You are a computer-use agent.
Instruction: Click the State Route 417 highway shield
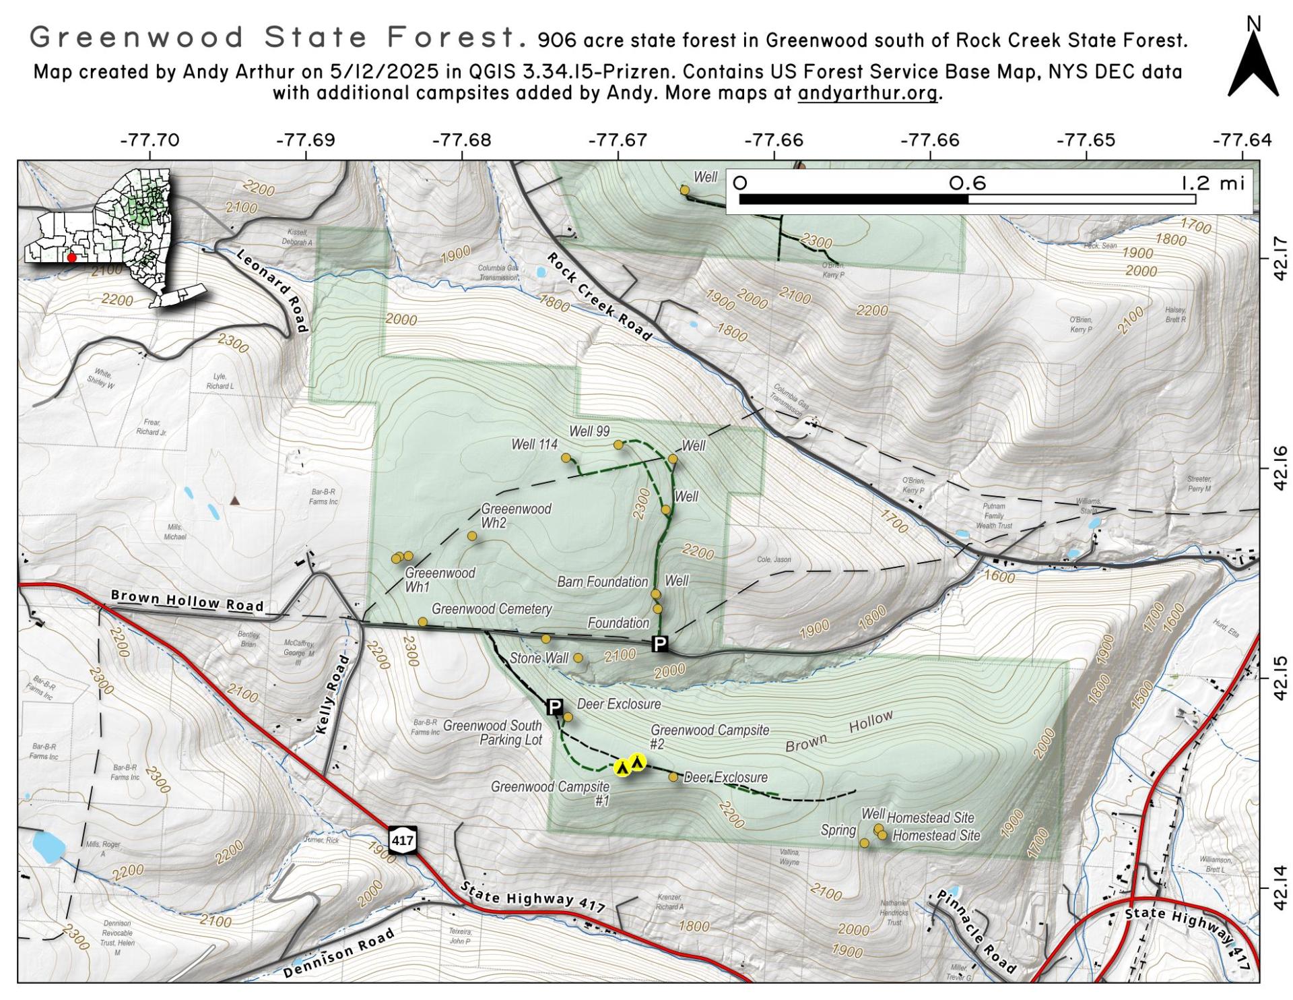pyautogui.click(x=402, y=840)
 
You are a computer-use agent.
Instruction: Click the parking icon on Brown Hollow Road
pyautogui.click(x=660, y=644)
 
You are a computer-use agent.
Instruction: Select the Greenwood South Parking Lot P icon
pyautogui.click(x=554, y=707)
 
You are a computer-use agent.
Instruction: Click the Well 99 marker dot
pyautogui.click(x=618, y=445)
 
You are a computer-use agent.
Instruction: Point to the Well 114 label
pyautogui.click(x=534, y=444)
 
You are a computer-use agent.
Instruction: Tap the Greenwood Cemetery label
pyautogui.click(x=492, y=608)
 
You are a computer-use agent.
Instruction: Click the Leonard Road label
pyautogui.click(x=273, y=290)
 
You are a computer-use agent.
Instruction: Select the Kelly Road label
pyautogui.click(x=333, y=694)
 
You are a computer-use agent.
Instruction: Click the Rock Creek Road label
pyautogui.click(x=599, y=297)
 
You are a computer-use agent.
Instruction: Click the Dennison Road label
pyautogui.click(x=338, y=954)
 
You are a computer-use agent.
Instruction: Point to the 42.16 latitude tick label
pyautogui.click(x=1281, y=468)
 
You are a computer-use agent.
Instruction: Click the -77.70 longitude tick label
pyautogui.click(x=150, y=140)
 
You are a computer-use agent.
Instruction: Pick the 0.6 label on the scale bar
pyautogui.click(x=967, y=183)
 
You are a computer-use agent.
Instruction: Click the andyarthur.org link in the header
pyautogui.click(x=867, y=93)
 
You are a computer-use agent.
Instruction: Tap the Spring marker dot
pyautogui.click(x=864, y=843)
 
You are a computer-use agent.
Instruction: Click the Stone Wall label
pyautogui.click(x=539, y=658)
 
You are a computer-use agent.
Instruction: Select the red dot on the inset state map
pyautogui.click(x=72, y=257)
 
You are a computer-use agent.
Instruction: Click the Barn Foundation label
pyautogui.click(x=602, y=582)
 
